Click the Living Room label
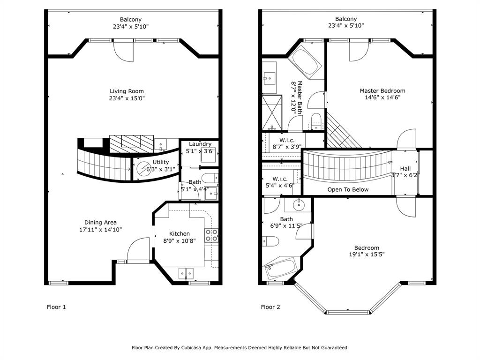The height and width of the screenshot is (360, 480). tap(127, 91)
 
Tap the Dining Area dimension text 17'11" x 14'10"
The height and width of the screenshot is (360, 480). tap(100, 230)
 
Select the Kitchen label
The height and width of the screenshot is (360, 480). tap(180, 234)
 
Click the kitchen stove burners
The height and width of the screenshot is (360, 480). tap(211, 235)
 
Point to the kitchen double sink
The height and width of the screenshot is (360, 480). tap(186, 273)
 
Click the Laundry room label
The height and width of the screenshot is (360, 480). tap(200, 144)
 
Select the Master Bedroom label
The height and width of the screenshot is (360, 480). tap(382, 90)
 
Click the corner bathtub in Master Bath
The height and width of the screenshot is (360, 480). tap(305, 62)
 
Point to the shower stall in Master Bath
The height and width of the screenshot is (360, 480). tap(272, 112)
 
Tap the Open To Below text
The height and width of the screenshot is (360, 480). tap(348, 189)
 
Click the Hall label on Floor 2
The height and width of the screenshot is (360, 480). tap(405, 169)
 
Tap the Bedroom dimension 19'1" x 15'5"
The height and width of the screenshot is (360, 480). tap(367, 255)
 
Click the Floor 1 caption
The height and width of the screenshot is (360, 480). tap(56, 307)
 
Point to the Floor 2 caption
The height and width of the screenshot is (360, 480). tap(270, 307)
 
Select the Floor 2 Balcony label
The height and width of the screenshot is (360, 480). tap(346, 19)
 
